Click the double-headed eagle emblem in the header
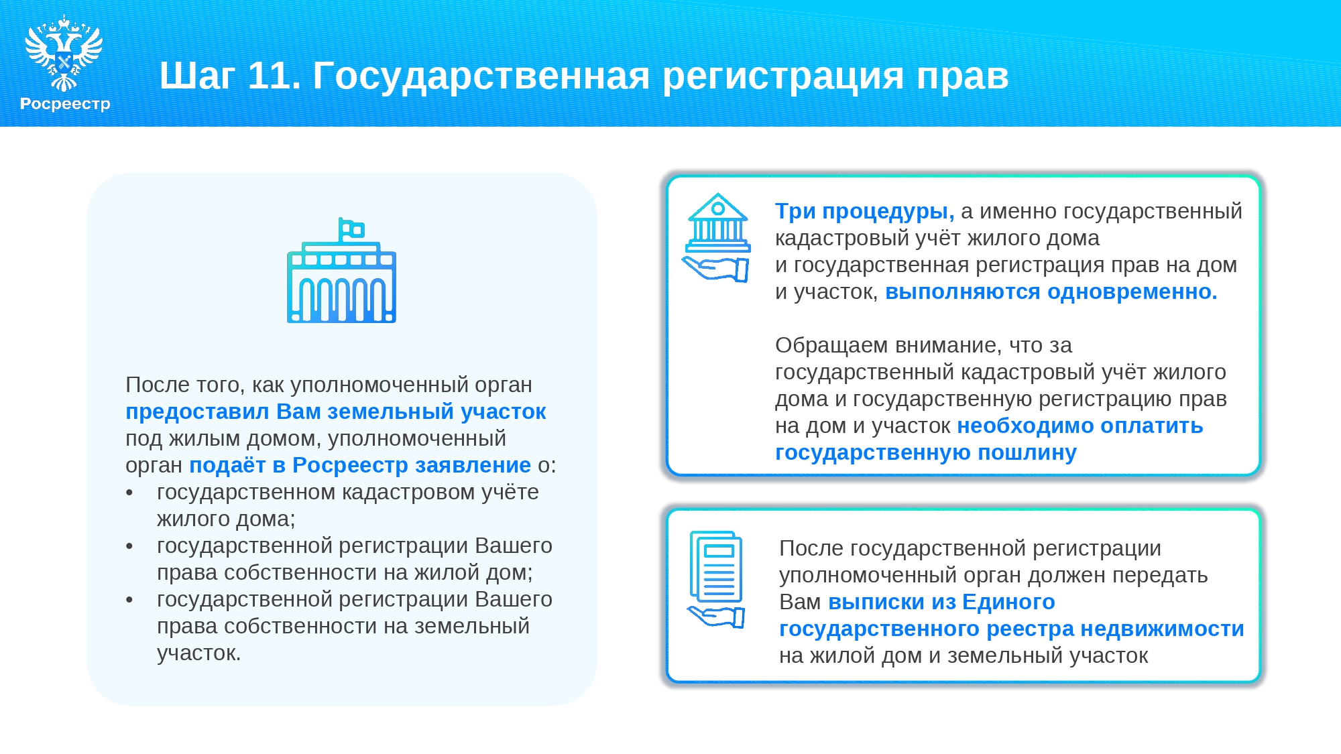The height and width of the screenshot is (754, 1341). (x=64, y=53)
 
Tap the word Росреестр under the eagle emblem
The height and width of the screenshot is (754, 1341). (x=65, y=104)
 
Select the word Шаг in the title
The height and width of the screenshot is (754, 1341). (x=197, y=75)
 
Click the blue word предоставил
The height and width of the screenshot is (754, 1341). (x=198, y=412)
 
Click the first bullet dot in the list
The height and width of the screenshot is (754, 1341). (x=129, y=493)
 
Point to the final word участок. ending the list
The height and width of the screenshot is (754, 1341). (x=199, y=653)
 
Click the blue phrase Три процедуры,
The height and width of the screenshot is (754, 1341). (x=865, y=211)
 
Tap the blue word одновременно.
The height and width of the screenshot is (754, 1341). (x=1132, y=292)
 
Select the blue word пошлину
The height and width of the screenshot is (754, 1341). (x=1027, y=452)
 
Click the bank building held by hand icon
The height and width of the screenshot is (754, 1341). (x=717, y=237)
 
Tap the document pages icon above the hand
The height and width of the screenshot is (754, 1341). (x=716, y=567)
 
